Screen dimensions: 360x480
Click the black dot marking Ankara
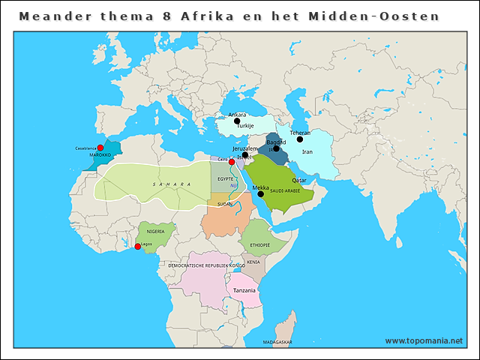(x=236, y=121)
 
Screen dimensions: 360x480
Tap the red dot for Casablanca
(x=100, y=148)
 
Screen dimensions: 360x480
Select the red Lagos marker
(x=136, y=246)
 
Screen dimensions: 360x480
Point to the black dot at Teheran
(x=300, y=139)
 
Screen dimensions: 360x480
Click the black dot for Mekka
(x=260, y=193)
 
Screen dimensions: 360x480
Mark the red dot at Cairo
(x=232, y=161)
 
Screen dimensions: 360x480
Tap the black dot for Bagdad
(x=276, y=148)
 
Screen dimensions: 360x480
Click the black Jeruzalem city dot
(x=244, y=155)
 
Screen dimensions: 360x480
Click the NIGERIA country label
(x=155, y=232)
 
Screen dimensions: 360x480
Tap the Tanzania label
(x=244, y=290)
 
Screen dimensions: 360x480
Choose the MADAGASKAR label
(x=277, y=342)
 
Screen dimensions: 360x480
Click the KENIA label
(x=253, y=262)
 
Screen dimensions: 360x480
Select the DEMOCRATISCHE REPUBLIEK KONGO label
(x=206, y=265)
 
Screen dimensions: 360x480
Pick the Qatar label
(x=299, y=181)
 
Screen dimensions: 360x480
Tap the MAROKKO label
(x=100, y=154)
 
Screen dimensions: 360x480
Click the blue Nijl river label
(x=232, y=185)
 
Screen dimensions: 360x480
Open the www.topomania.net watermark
(x=424, y=340)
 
